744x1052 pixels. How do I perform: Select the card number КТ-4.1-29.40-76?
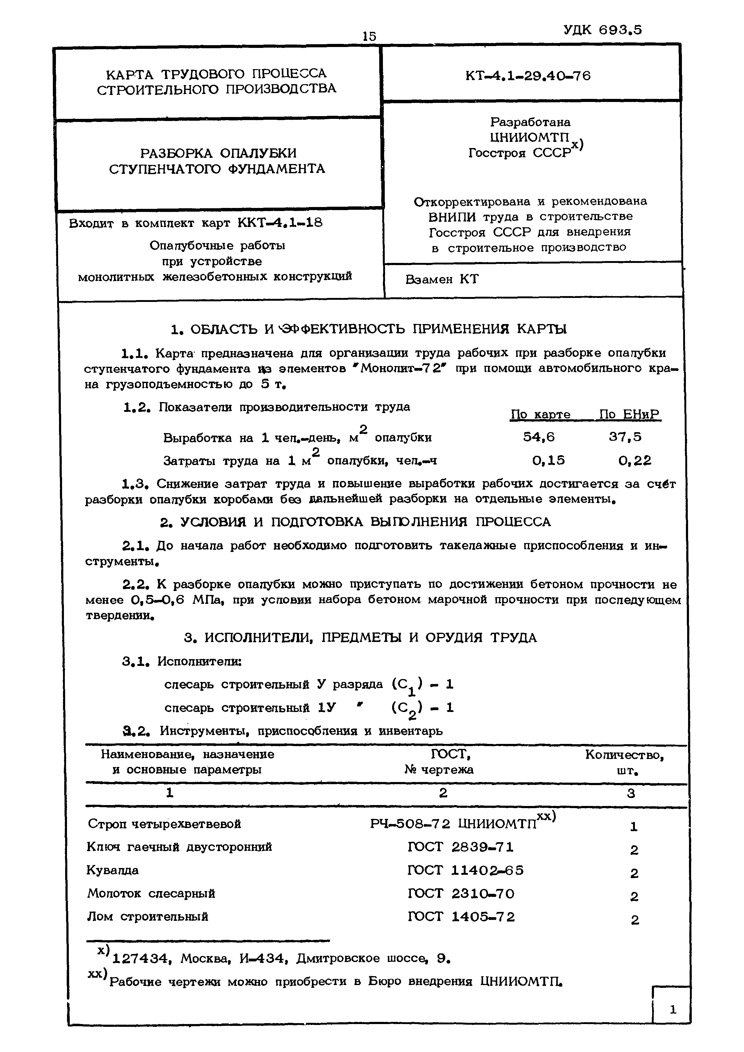coord(528,76)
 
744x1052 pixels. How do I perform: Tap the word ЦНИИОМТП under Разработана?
coord(529,137)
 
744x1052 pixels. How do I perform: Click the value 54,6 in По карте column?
coord(539,437)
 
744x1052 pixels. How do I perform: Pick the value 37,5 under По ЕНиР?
coord(625,437)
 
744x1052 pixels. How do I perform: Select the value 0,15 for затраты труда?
coord(548,460)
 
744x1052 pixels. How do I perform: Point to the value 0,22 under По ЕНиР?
coord(634,460)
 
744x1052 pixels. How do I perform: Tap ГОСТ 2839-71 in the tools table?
coord(460,847)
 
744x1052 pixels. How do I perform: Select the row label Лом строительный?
coord(147,917)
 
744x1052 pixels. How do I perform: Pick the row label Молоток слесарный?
coord(151,894)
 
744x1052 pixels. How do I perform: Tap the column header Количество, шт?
coord(624,762)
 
